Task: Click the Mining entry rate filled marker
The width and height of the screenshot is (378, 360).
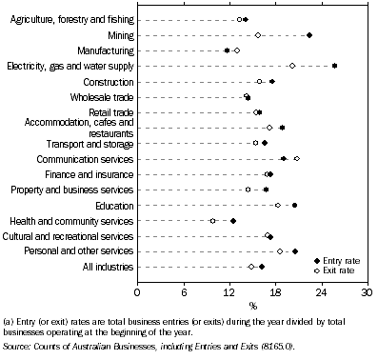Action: pos(309,35)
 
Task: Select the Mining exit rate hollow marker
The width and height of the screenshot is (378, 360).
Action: pos(258,35)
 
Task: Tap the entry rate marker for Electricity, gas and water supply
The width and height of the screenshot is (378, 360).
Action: pos(334,66)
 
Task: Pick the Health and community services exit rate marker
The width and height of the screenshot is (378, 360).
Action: pos(213,221)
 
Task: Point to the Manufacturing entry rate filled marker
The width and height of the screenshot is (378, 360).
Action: pos(227,50)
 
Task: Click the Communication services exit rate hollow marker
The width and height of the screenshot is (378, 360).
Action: pos(296,159)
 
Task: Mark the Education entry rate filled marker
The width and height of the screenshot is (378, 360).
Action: pos(294,205)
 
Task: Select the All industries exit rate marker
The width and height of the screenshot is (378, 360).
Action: pos(251,267)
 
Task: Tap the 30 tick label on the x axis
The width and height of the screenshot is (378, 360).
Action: pos(367,290)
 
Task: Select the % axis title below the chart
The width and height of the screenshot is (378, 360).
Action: pos(252,305)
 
